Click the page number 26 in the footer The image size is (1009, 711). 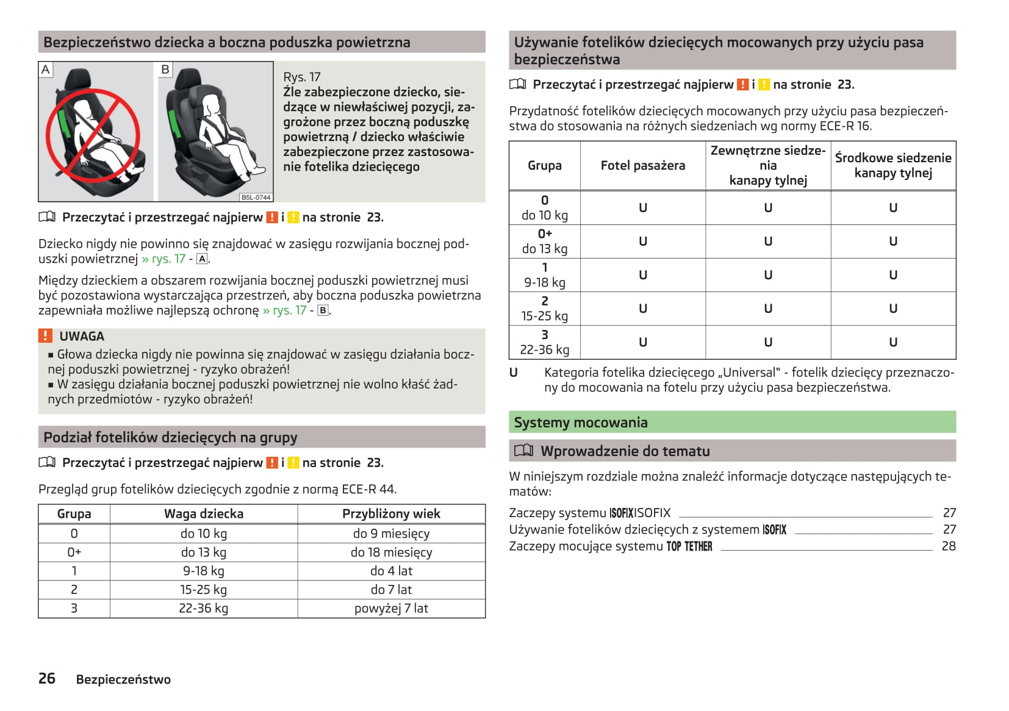[47, 679]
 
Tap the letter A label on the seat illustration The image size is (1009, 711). [45, 70]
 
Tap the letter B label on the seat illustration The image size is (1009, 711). [165, 70]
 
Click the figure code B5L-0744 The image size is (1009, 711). [256, 197]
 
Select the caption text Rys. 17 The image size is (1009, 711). [301, 77]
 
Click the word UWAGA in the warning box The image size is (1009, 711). [82, 336]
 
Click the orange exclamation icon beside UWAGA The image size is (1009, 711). [45, 336]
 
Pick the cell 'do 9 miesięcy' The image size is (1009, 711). [391, 534]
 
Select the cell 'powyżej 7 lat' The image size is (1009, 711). [391, 608]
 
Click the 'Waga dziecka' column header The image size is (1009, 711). [204, 513]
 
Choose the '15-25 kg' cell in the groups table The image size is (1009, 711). [204, 590]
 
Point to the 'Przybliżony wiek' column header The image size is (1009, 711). [391, 513]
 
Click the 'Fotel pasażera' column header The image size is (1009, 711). [642, 165]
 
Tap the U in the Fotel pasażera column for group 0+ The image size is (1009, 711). [642, 241]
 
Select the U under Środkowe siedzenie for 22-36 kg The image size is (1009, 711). [893, 342]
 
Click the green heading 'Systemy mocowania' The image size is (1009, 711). [581, 423]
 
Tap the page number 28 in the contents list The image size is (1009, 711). [949, 546]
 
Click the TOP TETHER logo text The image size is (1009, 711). [689, 546]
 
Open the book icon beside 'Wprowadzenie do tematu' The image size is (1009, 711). [523, 451]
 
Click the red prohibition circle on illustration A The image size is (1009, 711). [93, 135]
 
